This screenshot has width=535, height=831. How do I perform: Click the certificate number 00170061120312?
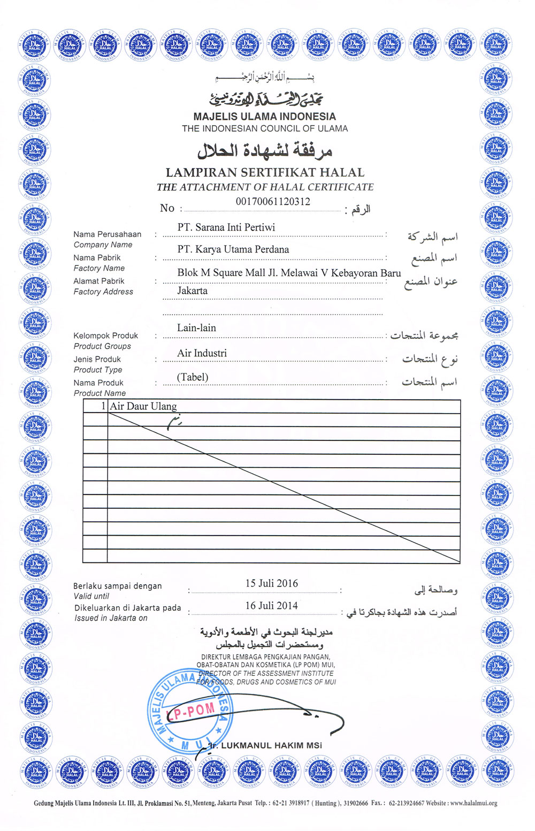273,202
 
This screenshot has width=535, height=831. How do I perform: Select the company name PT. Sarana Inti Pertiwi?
226,227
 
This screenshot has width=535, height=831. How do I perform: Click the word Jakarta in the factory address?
193,291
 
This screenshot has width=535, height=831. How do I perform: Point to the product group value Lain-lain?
196,328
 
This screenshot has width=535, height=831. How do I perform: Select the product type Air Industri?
202,353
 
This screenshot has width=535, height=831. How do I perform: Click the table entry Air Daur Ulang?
143,406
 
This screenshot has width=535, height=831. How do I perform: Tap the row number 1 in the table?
103,406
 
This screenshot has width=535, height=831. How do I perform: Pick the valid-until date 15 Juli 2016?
271,583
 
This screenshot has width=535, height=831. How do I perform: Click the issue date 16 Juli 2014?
271,606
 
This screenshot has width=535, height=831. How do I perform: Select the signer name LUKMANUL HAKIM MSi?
271,745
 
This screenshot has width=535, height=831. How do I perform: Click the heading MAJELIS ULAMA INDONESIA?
264,117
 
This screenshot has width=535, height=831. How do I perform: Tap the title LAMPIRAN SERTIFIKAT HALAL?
265,172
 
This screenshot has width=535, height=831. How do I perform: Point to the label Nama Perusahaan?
108,234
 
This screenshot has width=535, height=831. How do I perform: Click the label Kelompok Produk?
106,336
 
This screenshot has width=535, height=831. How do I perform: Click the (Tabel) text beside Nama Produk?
193,377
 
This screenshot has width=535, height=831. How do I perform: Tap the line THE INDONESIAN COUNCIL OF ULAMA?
265,128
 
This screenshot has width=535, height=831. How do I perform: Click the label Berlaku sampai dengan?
118,586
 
